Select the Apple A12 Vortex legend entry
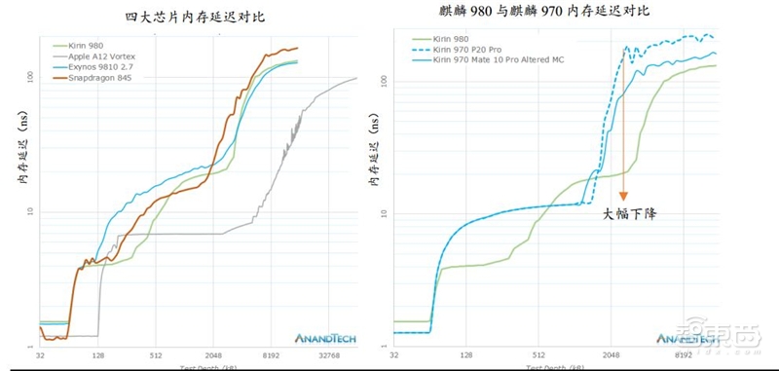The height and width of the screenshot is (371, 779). (x=92, y=56)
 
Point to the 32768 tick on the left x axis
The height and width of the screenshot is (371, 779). (x=333, y=356)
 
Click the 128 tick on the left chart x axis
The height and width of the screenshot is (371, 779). (x=99, y=356)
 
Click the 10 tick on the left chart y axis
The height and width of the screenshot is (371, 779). (x=29, y=211)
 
